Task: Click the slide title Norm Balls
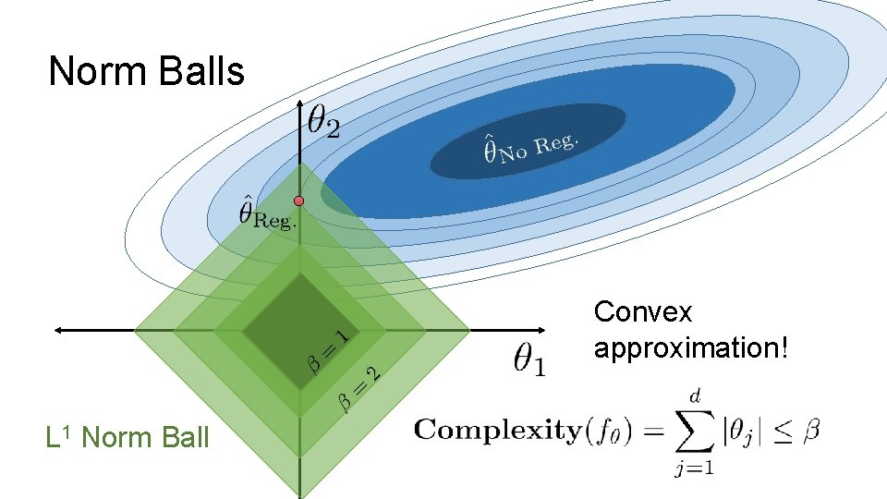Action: click(x=146, y=71)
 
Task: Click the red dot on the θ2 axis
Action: click(x=298, y=201)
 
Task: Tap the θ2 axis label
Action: click(x=323, y=120)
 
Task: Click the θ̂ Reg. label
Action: click(x=267, y=213)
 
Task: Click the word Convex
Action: click(x=643, y=312)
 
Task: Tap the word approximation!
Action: click(x=691, y=348)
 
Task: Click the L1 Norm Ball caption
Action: click(x=128, y=437)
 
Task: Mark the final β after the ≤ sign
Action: click(x=810, y=431)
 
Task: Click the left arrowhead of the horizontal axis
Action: click(x=58, y=329)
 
